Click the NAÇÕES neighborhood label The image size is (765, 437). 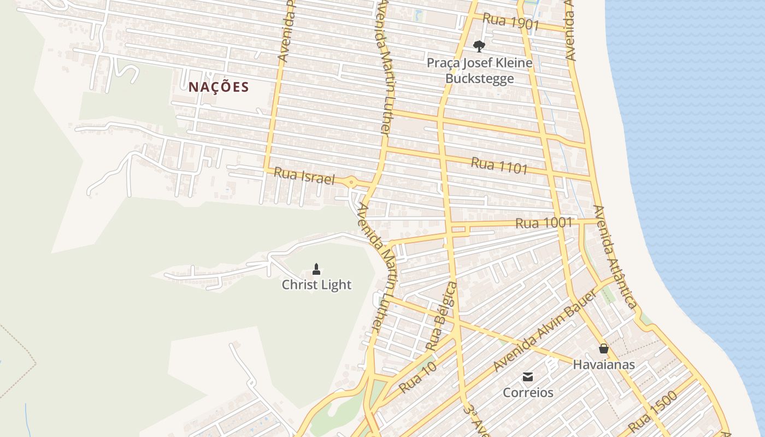[219, 87]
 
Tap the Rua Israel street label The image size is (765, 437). [303, 176]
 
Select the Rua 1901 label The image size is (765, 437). [511, 22]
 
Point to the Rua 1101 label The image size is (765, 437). [499, 166]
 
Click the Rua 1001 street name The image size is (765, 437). [544, 223]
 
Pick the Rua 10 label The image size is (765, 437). [418, 377]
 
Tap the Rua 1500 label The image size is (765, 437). [652, 412]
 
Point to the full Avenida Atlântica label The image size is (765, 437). [615, 257]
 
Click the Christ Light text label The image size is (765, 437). [316, 285]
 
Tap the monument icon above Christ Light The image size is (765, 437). [316, 268]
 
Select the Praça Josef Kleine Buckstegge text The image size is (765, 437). [479, 70]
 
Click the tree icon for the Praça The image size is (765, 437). [479, 46]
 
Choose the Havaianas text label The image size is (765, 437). [604, 364]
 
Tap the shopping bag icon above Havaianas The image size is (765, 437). [604, 348]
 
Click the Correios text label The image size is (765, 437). [528, 392]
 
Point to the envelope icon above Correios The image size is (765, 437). [528, 376]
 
